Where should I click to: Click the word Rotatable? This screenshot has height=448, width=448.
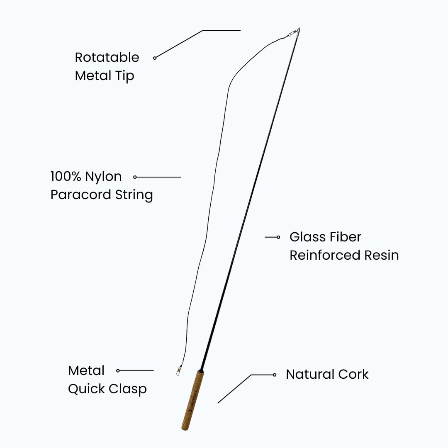(107, 57)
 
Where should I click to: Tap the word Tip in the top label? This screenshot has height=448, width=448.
(126, 76)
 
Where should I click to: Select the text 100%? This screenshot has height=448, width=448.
(66, 176)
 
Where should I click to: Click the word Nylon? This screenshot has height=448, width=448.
(103, 177)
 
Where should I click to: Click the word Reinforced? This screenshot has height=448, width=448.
(324, 255)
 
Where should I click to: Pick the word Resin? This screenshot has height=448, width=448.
(382, 255)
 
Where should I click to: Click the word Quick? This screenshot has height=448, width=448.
(86, 389)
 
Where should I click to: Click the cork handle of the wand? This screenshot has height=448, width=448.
(192, 400)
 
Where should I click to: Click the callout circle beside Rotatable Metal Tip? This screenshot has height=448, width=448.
(155, 58)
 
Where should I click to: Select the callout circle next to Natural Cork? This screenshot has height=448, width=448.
(275, 375)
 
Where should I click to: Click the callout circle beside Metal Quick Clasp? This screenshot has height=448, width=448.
(118, 370)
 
